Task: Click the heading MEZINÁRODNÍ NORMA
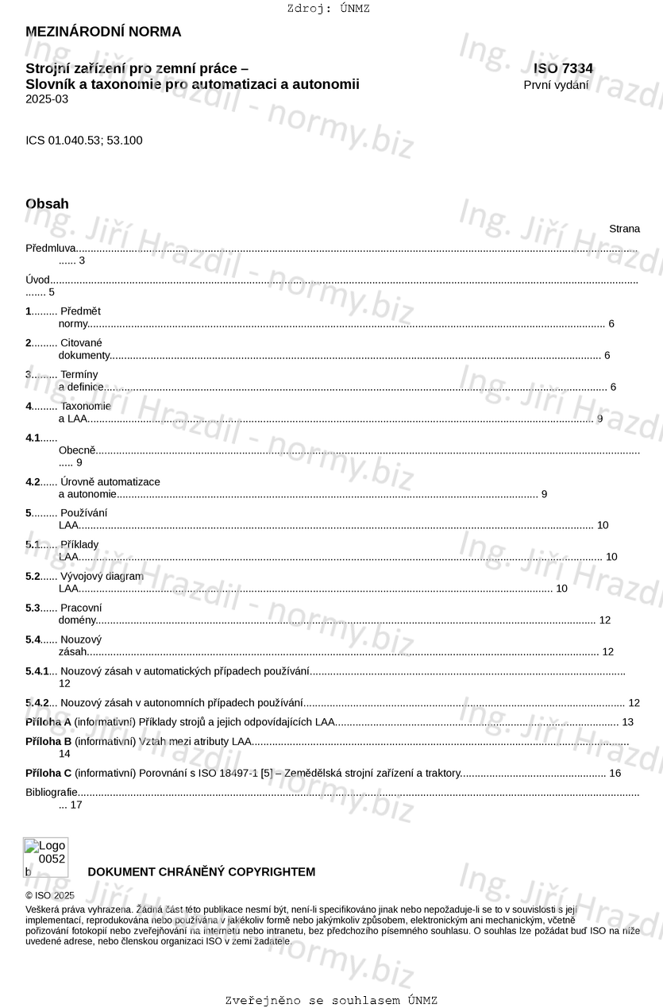coord(103,32)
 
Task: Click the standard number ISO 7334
coord(563,69)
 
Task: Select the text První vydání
coord(556,85)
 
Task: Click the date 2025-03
coord(47,99)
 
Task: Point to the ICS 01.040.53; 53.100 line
coord(84,141)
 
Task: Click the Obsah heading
coord(47,204)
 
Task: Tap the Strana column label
coord(624,229)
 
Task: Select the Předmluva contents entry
coord(50,249)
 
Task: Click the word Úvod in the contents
coord(37,280)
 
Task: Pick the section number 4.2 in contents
coord(33,482)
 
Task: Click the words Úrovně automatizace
coord(110,482)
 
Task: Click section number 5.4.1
coord(37,671)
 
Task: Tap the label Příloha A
coord(48,722)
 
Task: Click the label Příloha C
coord(48,773)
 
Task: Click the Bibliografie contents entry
coord(52,792)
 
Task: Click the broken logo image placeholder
coord(45,857)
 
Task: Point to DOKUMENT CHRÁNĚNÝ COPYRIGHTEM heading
coord(201,872)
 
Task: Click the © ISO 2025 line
coord(50,895)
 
